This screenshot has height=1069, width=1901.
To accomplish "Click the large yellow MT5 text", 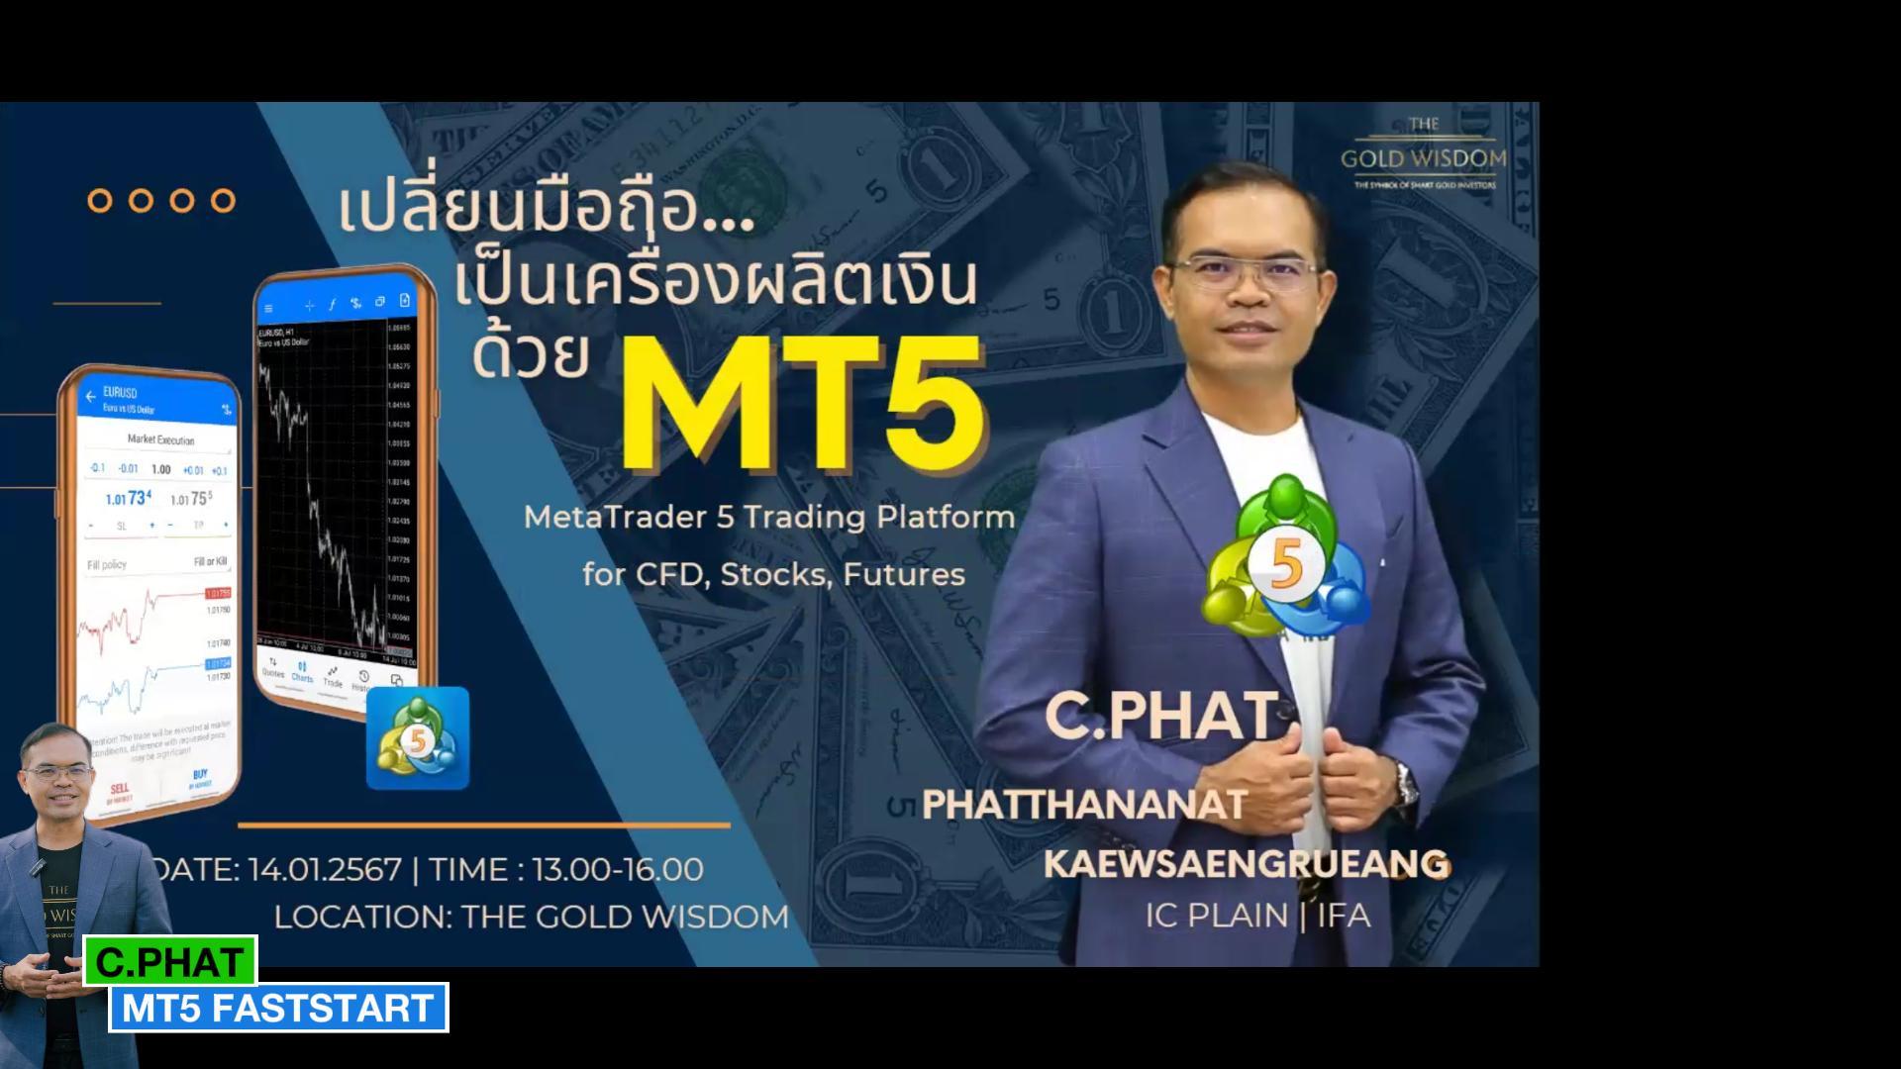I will pyautogui.click(x=802, y=404).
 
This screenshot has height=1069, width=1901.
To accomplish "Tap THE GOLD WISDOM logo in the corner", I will pyautogui.click(x=1423, y=154).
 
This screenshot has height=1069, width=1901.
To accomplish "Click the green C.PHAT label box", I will pyautogui.click(x=170, y=961).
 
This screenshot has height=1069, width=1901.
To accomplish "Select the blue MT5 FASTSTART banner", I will pyautogui.click(x=278, y=1008).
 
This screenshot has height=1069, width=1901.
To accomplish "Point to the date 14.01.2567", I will pyautogui.click(x=324, y=869).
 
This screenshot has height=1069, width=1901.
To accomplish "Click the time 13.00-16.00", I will pyautogui.click(x=617, y=869).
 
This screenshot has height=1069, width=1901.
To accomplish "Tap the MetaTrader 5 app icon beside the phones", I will pyautogui.click(x=418, y=738).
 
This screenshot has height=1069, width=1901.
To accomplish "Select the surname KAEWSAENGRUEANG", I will pyautogui.click(x=1246, y=863).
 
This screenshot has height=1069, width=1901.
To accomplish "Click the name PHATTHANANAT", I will pyautogui.click(x=1084, y=804).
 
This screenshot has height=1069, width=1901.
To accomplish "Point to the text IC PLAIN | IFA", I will pyautogui.click(x=1257, y=916).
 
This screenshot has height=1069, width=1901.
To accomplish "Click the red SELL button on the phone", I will pyautogui.click(x=120, y=792).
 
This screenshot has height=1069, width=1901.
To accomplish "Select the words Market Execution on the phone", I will pyautogui.click(x=160, y=439).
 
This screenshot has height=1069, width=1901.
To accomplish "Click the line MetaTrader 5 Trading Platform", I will pyautogui.click(x=769, y=517).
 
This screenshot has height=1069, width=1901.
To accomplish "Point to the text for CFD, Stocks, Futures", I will pyautogui.click(x=773, y=574).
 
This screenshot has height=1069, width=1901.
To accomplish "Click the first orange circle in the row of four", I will pyautogui.click(x=100, y=200).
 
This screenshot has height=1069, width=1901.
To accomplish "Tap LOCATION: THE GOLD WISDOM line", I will pyautogui.click(x=532, y=917).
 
